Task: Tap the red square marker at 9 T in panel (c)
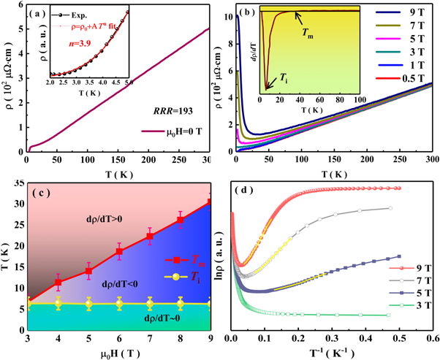click(x=210, y=202)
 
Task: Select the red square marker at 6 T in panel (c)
click(x=119, y=251)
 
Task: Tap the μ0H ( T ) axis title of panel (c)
click(x=119, y=353)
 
